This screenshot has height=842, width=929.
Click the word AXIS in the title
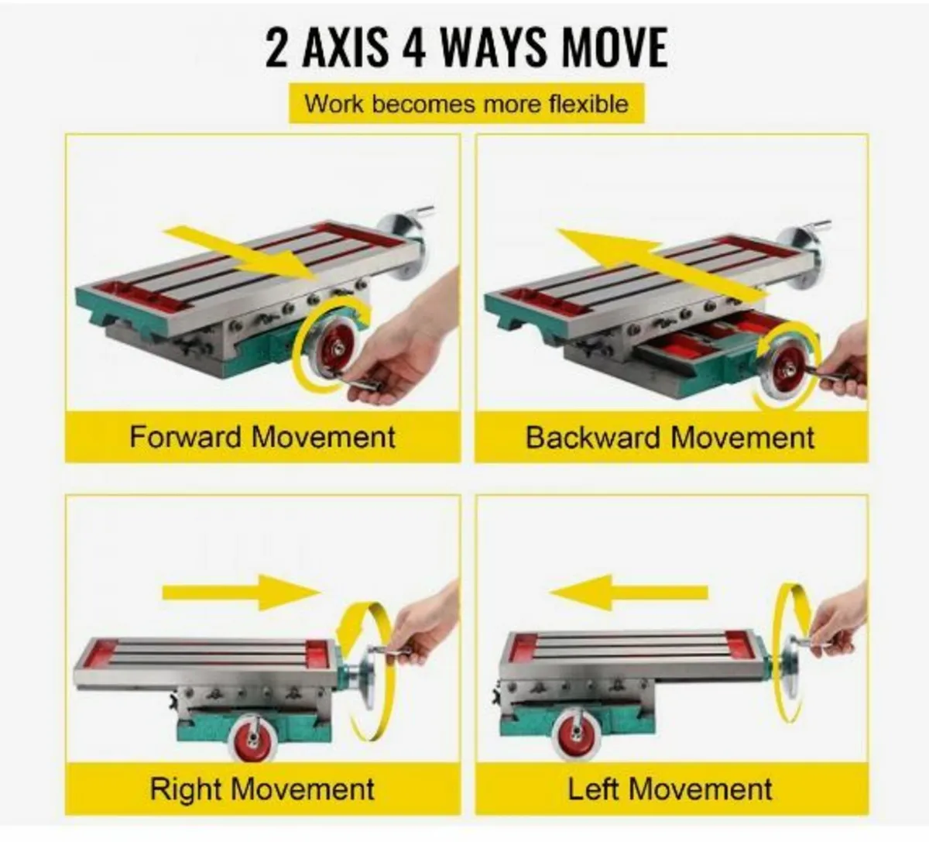pyautogui.click(x=345, y=48)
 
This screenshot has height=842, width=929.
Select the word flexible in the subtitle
pyautogui.click(x=588, y=103)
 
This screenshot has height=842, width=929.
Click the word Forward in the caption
pyautogui.click(x=186, y=437)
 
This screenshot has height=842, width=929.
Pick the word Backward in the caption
pyautogui.click(x=593, y=438)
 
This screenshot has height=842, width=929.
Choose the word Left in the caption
pyautogui.click(x=594, y=789)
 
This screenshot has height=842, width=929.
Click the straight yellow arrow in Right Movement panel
pyautogui.click(x=242, y=593)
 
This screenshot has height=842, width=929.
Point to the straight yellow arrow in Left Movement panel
pyautogui.click(x=629, y=593)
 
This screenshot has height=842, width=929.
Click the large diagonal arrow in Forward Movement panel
pyautogui.click(x=241, y=253)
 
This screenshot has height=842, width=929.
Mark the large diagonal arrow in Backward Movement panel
pyautogui.click(x=662, y=262)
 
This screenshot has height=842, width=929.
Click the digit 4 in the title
pyautogui.click(x=413, y=48)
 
